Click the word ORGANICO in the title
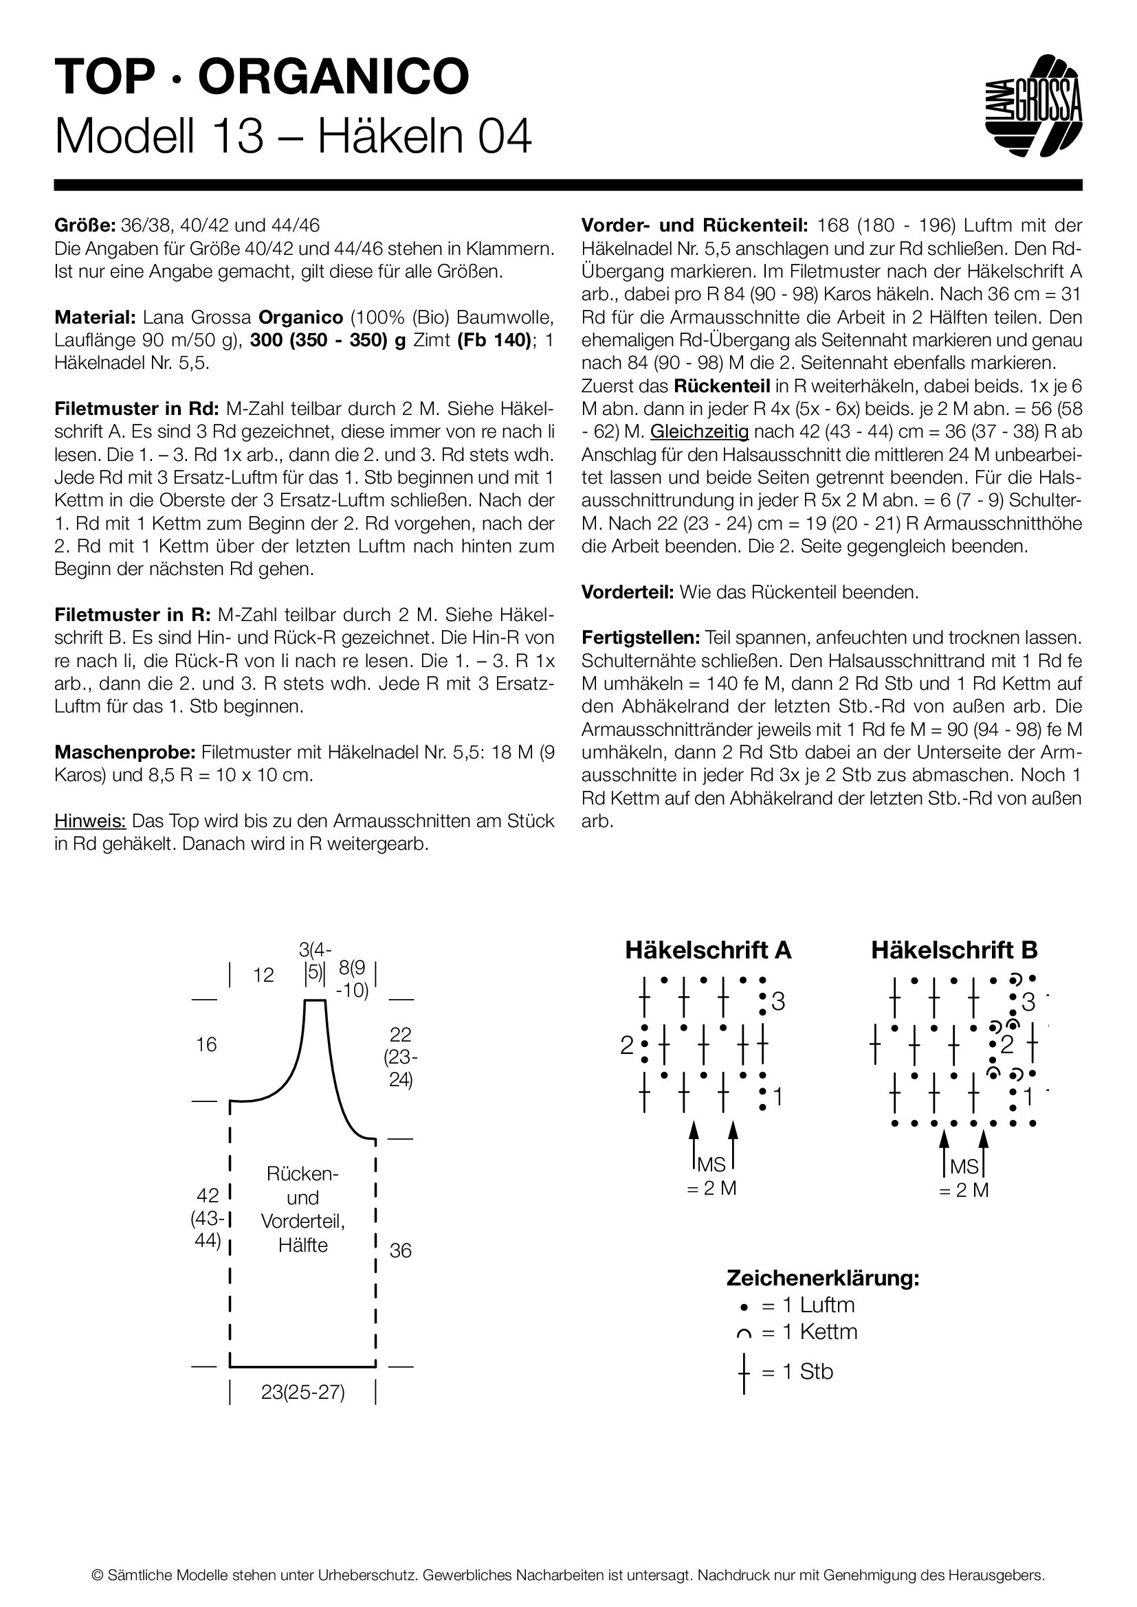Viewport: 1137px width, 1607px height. (333, 76)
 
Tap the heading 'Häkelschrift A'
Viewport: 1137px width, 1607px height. (708, 949)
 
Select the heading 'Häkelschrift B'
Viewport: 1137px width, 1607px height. (954, 949)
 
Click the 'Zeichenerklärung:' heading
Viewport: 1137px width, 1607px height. (823, 1277)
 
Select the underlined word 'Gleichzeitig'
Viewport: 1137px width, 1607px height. (698, 431)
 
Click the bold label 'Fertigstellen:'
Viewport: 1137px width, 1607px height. (641, 638)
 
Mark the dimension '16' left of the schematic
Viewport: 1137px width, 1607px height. (206, 1045)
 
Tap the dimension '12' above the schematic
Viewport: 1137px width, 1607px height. (263, 975)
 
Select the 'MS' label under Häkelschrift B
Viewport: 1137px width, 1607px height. (964, 1167)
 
